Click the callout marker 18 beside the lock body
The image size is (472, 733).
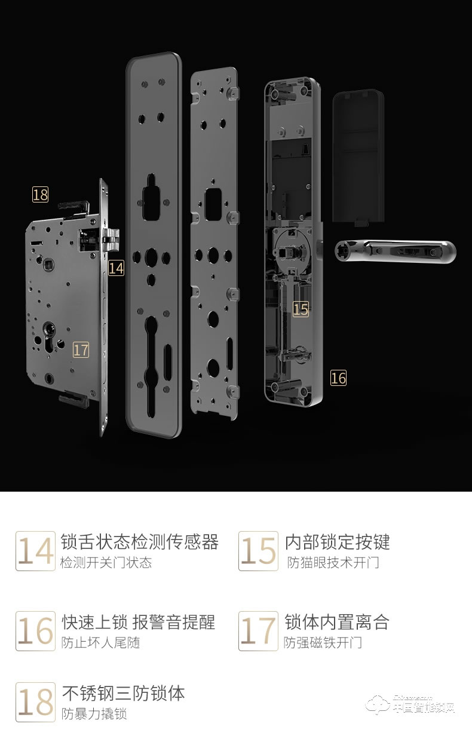(x=40, y=194)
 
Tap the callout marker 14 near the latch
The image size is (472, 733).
(x=117, y=268)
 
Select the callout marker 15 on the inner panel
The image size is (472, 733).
(x=301, y=309)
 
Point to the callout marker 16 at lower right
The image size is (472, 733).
(x=338, y=378)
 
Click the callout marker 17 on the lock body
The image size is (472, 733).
(x=81, y=349)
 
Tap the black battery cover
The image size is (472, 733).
(x=358, y=157)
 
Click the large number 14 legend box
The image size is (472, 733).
(x=35, y=551)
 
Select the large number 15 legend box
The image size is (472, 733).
(x=258, y=551)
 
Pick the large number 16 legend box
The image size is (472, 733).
(x=35, y=631)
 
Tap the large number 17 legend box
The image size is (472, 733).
(x=258, y=631)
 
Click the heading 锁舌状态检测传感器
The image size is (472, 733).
(x=140, y=542)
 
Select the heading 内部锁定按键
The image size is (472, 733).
(x=338, y=542)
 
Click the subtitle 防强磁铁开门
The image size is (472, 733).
(x=323, y=643)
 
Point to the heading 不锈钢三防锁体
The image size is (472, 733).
(x=124, y=693)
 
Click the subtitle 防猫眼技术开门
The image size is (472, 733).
(x=333, y=563)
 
